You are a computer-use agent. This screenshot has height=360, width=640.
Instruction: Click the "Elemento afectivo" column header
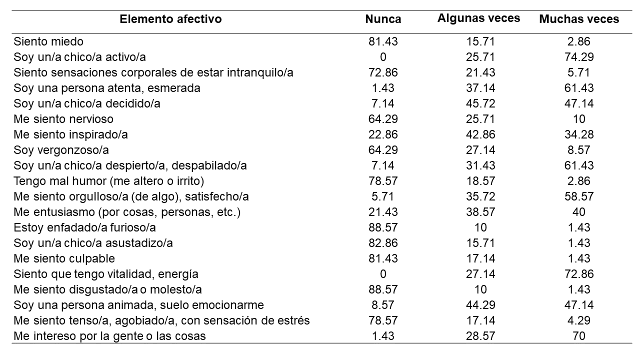tap(170, 19)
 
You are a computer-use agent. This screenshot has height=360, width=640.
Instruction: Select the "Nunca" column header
tap(383, 19)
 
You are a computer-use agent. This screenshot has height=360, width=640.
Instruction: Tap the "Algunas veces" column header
tap(478, 18)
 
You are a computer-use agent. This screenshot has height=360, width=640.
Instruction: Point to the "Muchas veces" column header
tap(579, 19)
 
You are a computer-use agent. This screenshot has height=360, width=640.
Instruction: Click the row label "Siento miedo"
tap(48, 41)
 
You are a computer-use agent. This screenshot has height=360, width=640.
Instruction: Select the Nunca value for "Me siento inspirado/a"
tap(383, 134)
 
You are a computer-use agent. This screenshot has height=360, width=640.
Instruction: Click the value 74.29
tap(579, 57)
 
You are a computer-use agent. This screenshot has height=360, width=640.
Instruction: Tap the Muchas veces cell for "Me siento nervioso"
tap(579, 119)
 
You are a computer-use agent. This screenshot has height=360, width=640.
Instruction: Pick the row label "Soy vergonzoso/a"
tap(61, 150)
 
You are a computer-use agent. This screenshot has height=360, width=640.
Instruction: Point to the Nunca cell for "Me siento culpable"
tap(383, 258)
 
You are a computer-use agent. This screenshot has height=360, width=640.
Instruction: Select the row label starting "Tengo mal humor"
tap(109, 181)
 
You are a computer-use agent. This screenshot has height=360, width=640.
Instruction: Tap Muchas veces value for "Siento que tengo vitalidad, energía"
tap(579, 274)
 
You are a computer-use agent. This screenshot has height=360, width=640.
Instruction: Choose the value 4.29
tap(579, 320)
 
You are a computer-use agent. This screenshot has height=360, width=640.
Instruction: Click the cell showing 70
tap(579, 336)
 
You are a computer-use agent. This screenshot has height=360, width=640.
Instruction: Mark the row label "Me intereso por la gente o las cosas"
tap(110, 336)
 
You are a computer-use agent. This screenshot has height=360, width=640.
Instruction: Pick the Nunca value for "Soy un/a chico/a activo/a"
tap(383, 57)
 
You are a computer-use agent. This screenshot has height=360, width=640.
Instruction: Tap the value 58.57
tap(579, 196)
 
